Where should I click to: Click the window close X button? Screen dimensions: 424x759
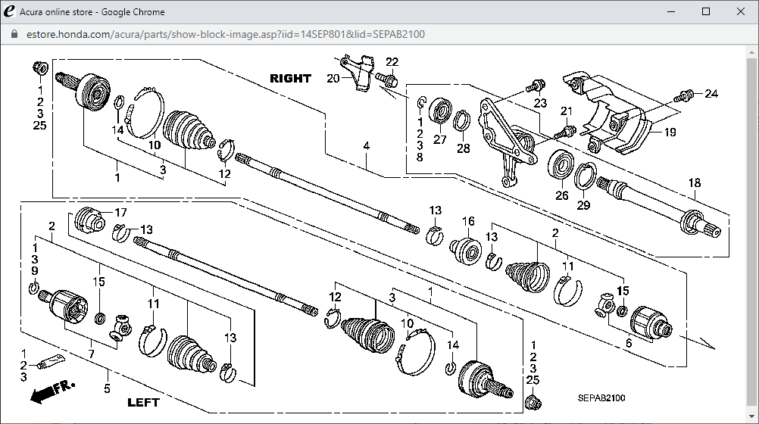tap(740, 11)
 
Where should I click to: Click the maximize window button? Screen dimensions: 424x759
tap(706, 11)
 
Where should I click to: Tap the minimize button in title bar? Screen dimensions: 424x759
tap(671, 11)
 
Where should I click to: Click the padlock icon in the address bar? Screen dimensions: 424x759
tap(13, 34)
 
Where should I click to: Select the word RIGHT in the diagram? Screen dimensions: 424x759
tap(290, 78)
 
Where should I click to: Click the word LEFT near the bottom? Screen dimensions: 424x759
tap(144, 402)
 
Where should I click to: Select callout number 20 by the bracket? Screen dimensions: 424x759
tap(333, 78)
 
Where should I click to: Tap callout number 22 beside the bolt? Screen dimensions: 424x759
tap(392, 62)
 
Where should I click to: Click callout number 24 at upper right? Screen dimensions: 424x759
tap(711, 94)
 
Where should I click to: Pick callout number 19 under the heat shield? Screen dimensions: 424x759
tap(670, 132)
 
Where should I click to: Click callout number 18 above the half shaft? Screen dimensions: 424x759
tap(695, 183)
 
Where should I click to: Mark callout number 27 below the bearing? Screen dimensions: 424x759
tap(440, 139)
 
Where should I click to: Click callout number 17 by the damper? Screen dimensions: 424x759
tap(120, 212)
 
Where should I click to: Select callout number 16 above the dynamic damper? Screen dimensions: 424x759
tap(469, 222)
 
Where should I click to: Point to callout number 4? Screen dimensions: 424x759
tap(366, 145)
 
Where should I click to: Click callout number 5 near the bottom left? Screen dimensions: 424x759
tap(107, 390)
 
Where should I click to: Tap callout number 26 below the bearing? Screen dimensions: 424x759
tap(562, 195)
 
